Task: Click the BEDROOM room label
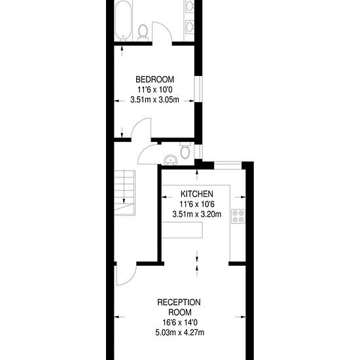point(154,79)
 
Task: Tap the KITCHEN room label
point(197,194)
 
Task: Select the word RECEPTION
point(179,302)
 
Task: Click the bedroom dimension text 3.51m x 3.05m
point(154,100)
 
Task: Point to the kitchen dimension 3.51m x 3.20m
point(197,214)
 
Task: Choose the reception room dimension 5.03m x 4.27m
point(180,333)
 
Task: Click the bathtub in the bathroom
point(123,20)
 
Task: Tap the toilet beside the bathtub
point(143,33)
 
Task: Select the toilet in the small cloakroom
point(185,151)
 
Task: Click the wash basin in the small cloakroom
point(170,160)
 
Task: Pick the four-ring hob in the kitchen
point(238,217)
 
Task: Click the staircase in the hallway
point(124,192)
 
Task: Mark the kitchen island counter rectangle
point(183,230)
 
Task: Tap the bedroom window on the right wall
point(198,88)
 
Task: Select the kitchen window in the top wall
point(228,166)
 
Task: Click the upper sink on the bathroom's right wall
point(190,6)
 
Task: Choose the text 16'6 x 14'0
point(180,322)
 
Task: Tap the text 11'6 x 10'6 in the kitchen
point(197,204)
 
